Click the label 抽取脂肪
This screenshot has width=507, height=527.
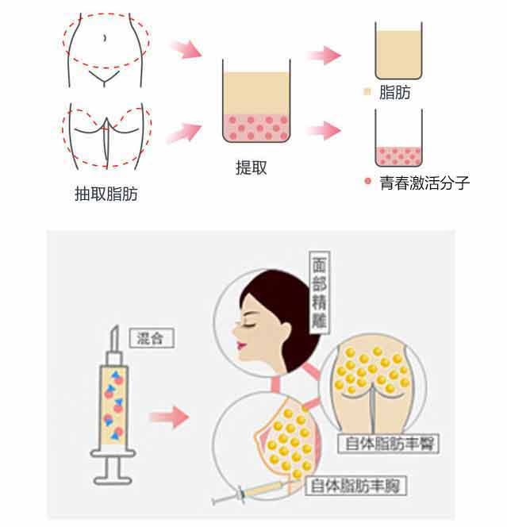click(x=106, y=194)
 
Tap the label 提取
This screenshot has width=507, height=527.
click(x=252, y=167)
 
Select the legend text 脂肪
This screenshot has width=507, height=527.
click(x=395, y=92)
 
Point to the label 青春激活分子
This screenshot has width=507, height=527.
click(x=424, y=183)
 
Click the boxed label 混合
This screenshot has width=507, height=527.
click(x=152, y=338)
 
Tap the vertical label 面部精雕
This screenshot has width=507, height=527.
click(x=319, y=292)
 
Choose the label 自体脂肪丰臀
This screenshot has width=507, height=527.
click(x=389, y=444)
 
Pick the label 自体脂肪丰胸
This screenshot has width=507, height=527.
click(x=355, y=485)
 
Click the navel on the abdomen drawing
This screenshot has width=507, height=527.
click(x=105, y=37)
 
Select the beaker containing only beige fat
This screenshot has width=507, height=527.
click(x=398, y=51)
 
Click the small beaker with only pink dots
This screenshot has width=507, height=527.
click(x=398, y=138)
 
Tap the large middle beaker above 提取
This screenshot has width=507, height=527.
click(x=256, y=101)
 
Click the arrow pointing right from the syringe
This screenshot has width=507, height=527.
click(x=169, y=417)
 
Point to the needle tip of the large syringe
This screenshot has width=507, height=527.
click(x=116, y=327)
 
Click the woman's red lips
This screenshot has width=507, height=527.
click(x=240, y=345)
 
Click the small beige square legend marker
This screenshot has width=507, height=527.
click(x=367, y=92)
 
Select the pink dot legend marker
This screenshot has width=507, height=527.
click(x=368, y=182)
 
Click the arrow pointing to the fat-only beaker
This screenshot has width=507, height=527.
click(x=325, y=56)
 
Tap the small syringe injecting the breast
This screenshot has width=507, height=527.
click(x=252, y=491)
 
